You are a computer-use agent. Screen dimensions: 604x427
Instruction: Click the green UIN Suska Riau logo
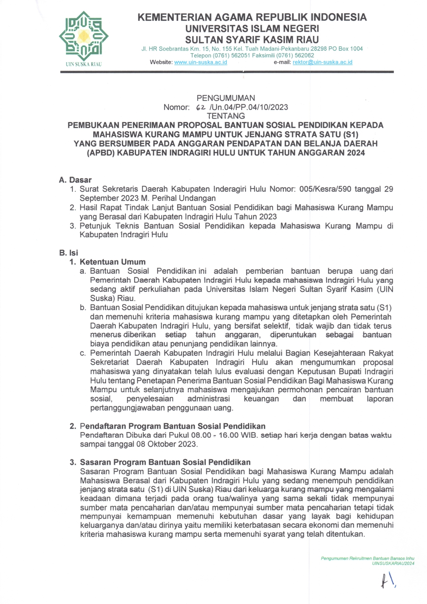click(83, 36)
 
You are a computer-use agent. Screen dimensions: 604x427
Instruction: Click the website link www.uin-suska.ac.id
click(200, 62)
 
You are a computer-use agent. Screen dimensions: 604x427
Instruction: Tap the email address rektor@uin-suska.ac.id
click(322, 62)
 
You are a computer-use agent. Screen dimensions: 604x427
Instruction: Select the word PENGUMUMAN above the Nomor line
click(226, 98)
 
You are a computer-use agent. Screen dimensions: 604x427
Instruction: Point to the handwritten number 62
click(201, 107)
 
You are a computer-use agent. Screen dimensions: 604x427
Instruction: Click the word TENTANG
click(226, 116)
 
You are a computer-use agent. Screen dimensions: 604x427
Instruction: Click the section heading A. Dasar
click(75, 180)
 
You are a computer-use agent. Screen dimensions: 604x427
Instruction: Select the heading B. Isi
click(69, 253)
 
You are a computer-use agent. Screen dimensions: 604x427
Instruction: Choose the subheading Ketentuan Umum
click(112, 262)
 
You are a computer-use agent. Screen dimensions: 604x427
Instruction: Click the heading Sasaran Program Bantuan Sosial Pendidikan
click(165, 462)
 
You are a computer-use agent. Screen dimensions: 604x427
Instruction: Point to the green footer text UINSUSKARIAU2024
click(393, 563)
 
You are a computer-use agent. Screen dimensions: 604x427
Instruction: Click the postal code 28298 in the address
click(318, 49)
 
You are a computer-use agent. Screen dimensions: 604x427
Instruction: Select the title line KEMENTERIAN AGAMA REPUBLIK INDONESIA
click(252, 17)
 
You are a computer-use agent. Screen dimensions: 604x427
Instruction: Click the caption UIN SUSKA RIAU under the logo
click(84, 64)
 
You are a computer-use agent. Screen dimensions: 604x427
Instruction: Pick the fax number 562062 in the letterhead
click(302, 55)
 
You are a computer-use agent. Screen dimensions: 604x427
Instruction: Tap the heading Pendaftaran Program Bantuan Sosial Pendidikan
click(172, 426)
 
